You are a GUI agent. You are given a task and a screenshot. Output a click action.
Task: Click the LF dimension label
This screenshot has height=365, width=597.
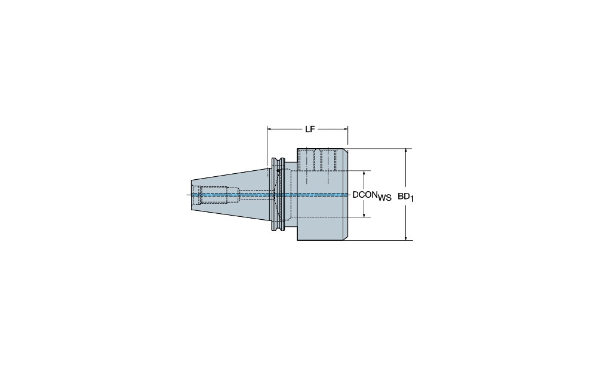tap(310, 129)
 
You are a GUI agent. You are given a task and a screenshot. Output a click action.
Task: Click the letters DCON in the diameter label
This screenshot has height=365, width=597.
tap(365, 195)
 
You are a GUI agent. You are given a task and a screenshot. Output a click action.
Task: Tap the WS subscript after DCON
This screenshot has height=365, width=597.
tap(384, 198)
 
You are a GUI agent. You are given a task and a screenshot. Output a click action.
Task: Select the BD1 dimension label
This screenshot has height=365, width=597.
tap(406, 197)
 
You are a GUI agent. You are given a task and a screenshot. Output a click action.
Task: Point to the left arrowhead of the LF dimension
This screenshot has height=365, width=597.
tap(270, 129)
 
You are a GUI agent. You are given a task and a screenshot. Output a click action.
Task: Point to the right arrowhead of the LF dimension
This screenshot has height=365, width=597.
tap(345, 129)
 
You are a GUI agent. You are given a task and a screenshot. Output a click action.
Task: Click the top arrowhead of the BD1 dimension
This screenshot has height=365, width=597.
tap(406, 151)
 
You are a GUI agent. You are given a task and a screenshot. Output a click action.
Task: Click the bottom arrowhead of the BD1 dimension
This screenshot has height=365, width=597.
tap(406, 237)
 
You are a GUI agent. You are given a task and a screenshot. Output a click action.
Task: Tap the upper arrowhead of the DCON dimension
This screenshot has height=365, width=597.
tap(364, 174)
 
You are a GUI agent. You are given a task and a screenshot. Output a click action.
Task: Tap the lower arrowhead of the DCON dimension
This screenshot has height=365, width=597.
tap(364, 214)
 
